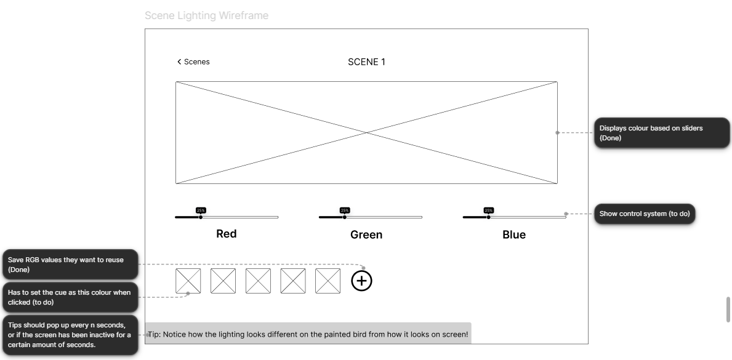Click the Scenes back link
pyautogui.click(x=193, y=62)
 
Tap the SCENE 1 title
pyautogui.click(x=366, y=62)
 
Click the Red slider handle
pyautogui.click(x=201, y=217)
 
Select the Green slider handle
pyautogui.click(x=345, y=217)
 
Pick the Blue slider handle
pyautogui.click(x=488, y=217)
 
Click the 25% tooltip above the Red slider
pyautogui.click(x=201, y=210)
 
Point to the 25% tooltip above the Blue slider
pyautogui.click(x=489, y=210)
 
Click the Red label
pyautogui.click(x=227, y=234)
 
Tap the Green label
pyautogui.click(x=366, y=235)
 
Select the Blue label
pyautogui.click(x=514, y=235)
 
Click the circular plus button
pyautogui.click(x=362, y=281)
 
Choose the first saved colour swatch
pyautogui.click(x=188, y=281)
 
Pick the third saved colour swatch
pyautogui.click(x=258, y=281)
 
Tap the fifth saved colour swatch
pyautogui.click(x=328, y=281)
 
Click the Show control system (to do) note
pyautogui.click(x=645, y=214)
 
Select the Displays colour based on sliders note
pyautogui.click(x=661, y=133)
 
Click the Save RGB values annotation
pyautogui.click(x=71, y=265)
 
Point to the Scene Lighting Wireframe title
pyautogui.click(x=206, y=15)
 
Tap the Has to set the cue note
pyautogui.click(x=71, y=297)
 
